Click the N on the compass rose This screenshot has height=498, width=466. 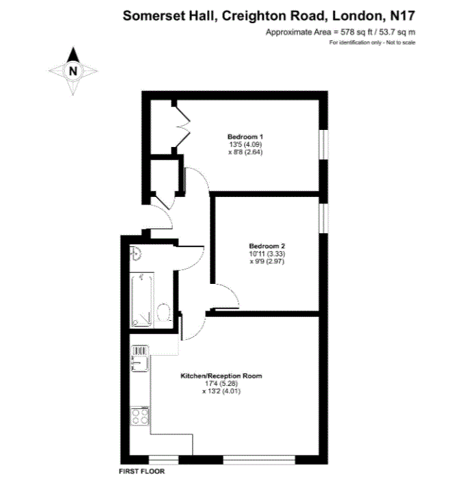[73, 71]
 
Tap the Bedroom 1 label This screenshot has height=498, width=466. [245, 137]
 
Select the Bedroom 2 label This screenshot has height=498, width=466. [266, 246]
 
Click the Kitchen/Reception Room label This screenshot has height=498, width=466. [221, 376]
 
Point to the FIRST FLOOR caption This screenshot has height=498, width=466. [142, 471]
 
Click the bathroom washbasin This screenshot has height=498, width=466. [135, 253]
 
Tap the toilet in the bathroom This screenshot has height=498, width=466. [164, 313]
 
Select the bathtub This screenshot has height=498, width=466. [142, 300]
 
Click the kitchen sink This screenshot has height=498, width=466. [140, 358]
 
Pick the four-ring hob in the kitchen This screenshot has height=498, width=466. [140, 416]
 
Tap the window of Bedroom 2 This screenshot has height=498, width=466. [323, 218]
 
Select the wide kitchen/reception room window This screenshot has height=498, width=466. [259, 460]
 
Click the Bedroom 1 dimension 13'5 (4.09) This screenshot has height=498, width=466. [245, 144]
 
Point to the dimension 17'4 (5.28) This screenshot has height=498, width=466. [221, 383]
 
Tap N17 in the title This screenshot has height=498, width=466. [402, 16]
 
